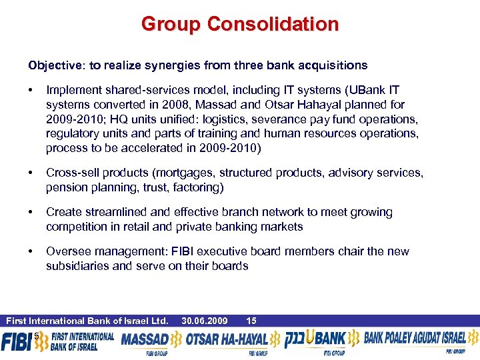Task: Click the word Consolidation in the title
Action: (273, 25)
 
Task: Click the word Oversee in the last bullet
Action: (66, 252)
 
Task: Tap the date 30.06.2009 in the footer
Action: (205, 321)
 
